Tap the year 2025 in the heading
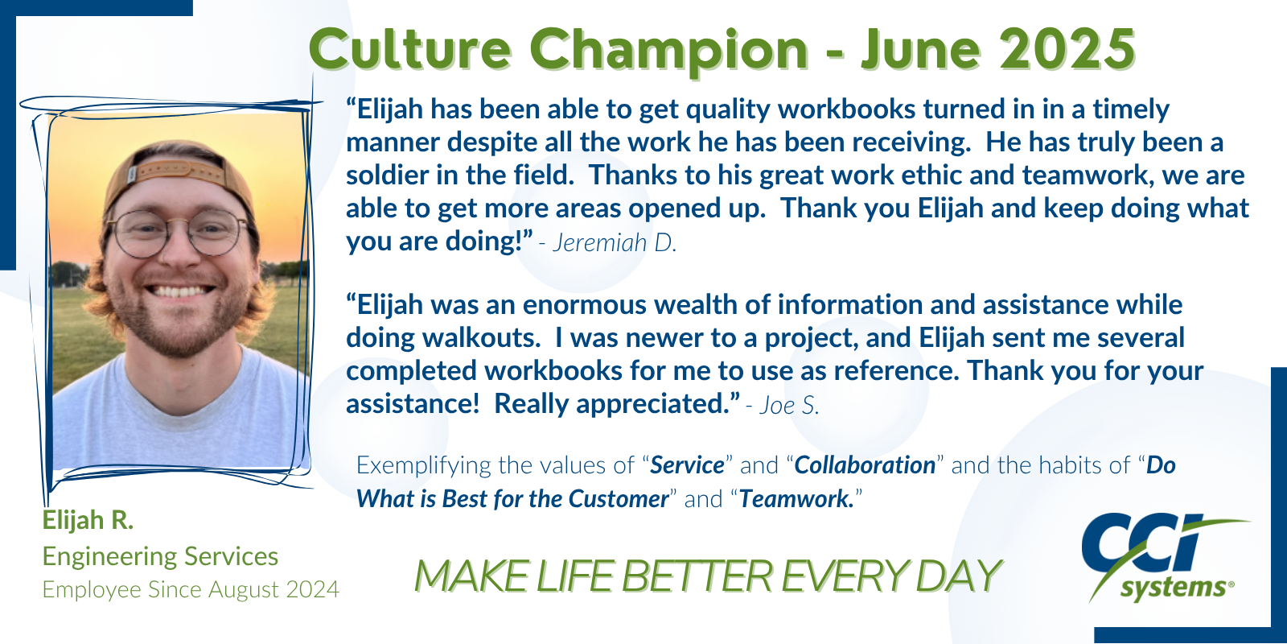[x=1067, y=49]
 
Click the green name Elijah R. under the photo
[x=88, y=520]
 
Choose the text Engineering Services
[x=160, y=556]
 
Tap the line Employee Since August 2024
[x=191, y=589]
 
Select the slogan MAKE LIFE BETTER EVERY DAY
[x=708, y=576]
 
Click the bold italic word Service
[x=687, y=465]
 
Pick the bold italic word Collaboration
[x=865, y=465]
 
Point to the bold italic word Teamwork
[x=796, y=498]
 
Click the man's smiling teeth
[x=179, y=291]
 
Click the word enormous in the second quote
[x=584, y=306]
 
